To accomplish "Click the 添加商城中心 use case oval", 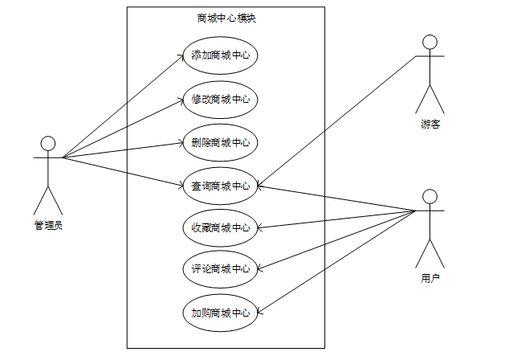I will point(220,55).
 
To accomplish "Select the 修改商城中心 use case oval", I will point(220,100).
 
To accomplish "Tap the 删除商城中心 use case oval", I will point(220,143).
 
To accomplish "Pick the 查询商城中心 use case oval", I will point(220,186).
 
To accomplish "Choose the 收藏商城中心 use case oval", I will point(220,227).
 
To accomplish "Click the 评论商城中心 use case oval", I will point(220,269).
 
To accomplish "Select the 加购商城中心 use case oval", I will point(220,313).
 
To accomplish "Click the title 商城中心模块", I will point(226,18).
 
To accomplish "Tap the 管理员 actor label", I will point(48,225).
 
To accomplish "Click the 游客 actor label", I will point(430,124).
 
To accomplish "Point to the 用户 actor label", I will point(430,278).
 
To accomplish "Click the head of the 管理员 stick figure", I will point(48,143).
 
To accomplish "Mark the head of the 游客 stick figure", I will point(430,42).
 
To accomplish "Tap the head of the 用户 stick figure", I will point(430,196).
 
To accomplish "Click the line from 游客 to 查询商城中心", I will point(337,121).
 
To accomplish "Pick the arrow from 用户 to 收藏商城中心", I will point(337,219).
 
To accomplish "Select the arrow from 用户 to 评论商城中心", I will point(337,239).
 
